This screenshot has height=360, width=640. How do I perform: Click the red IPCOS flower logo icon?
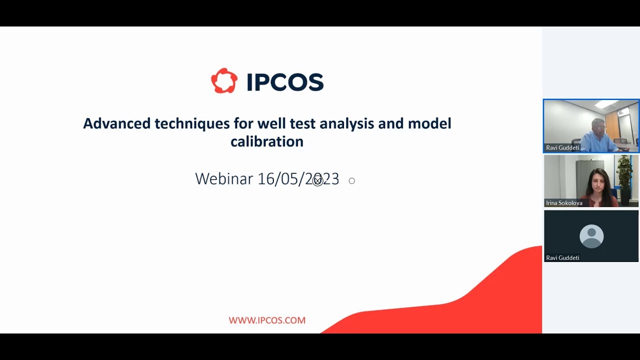224,81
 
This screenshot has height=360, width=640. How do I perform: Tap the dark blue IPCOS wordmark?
285,82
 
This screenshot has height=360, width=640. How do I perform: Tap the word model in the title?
429,123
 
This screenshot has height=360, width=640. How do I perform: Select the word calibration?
266,141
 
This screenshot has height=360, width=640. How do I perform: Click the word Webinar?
223,179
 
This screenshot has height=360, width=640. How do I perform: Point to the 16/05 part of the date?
278,179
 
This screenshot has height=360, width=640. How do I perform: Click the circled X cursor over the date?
317,181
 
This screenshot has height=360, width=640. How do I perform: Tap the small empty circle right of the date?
351,181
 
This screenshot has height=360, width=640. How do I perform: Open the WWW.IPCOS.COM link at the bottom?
267,320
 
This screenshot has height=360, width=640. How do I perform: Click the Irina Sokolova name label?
564,203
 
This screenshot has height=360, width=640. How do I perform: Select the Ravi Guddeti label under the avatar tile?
562,258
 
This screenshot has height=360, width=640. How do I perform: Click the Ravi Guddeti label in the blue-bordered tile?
562,148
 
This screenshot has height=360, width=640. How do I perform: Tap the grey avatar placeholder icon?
591,236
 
